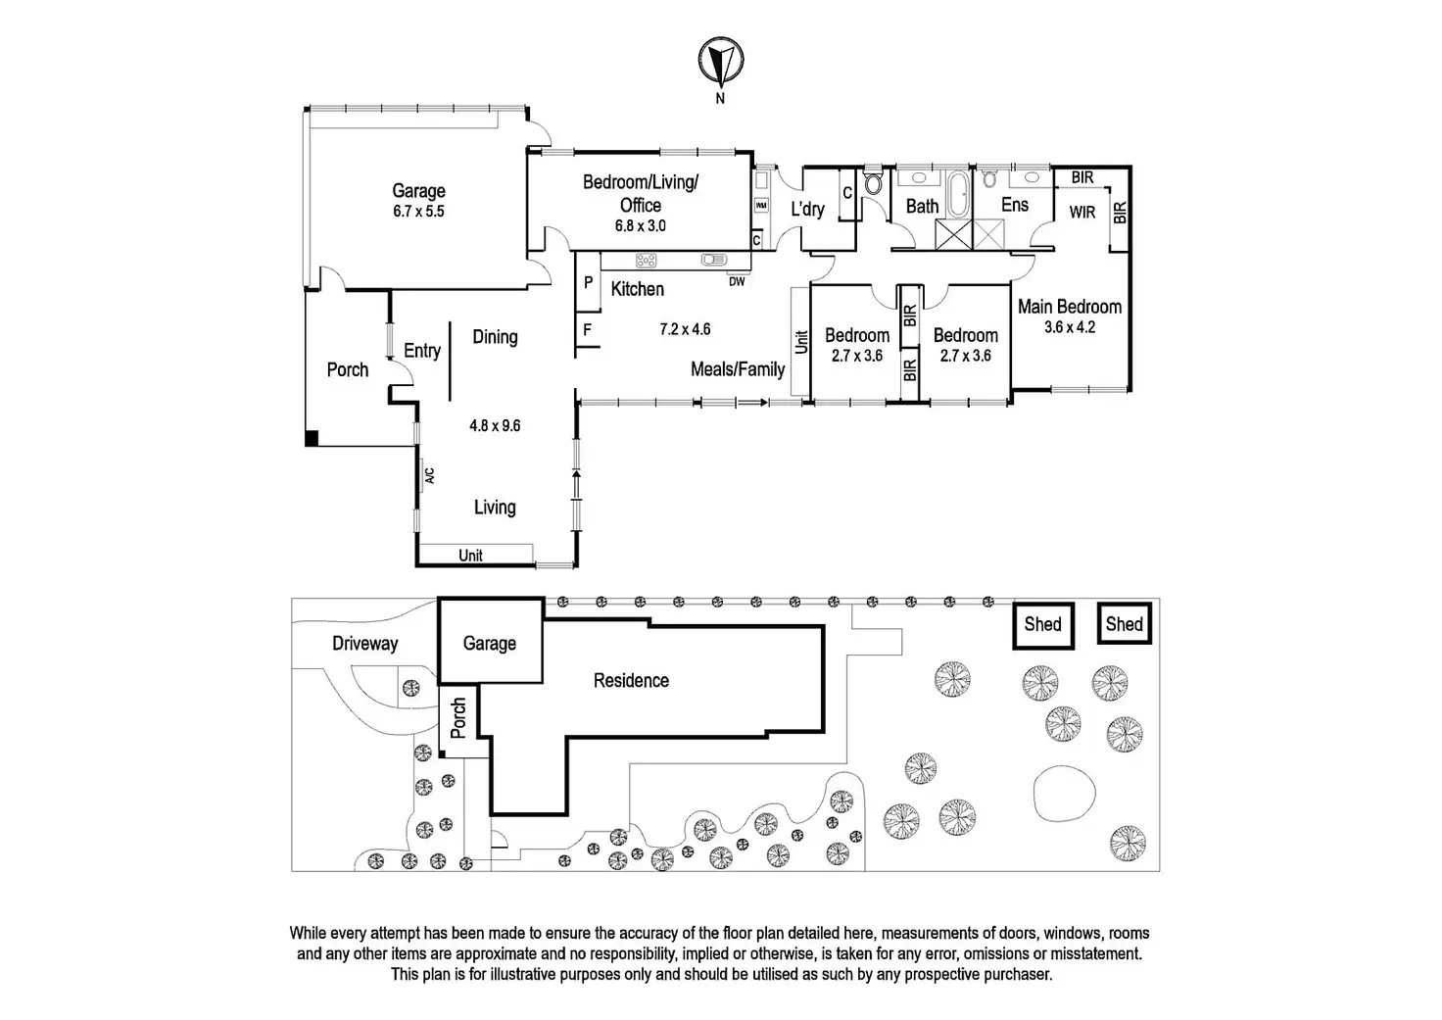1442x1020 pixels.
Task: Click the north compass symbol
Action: point(721,62)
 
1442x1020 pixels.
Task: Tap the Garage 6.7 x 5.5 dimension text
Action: point(418,212)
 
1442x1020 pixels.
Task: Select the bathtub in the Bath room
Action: point(957,194)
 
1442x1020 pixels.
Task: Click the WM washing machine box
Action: point(761,206)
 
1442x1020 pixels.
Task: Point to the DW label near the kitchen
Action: point(737,281)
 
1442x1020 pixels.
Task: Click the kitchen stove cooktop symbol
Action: point(646,261)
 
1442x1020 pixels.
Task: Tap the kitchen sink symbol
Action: point(714,260)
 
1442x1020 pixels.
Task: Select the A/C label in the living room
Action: point(429,476)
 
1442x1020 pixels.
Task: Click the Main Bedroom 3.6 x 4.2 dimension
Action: point(1070,327)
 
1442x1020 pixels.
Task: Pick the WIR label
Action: point(1082,212)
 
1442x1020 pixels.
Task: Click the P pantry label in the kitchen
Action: point(589,282)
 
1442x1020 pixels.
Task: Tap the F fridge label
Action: point(587,329)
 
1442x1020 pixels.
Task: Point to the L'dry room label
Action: point(807,209)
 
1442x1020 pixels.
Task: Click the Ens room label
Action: point(1015,205)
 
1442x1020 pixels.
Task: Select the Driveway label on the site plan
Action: point(365,644)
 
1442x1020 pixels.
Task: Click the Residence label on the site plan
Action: point(631,681)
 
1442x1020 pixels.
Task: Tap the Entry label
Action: point(422,351)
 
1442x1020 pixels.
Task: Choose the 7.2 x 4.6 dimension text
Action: point(685,329)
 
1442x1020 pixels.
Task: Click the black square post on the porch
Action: point(312,439)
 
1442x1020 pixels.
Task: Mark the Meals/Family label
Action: point(738,369)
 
